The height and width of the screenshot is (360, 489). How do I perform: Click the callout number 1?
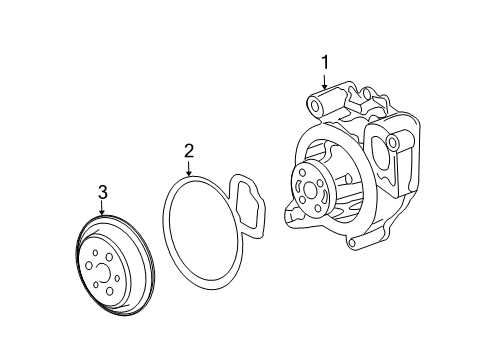[325, 63]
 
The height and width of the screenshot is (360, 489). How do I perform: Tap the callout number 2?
[189, 151]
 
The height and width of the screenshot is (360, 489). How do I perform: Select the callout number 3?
[103, 192]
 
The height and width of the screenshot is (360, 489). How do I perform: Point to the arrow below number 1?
[325, 81]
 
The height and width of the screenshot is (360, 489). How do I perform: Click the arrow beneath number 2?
[189, 168]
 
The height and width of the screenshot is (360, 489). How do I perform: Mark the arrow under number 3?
[102, 208]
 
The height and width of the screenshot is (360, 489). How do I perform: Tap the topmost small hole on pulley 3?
[95, 253]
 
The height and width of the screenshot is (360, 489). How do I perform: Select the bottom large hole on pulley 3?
[109, 291]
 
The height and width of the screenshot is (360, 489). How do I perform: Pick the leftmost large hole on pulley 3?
[89, 265]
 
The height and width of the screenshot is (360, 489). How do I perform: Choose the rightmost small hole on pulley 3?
[117, 278]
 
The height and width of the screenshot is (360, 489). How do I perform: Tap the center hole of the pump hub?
[310, 191]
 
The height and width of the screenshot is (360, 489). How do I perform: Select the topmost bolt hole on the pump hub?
[302, 173]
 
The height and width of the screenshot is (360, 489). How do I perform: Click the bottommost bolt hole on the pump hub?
[318, 209]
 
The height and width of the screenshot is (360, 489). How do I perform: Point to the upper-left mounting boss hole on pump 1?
[315, 106]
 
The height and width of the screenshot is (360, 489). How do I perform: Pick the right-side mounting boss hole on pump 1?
[393, 143]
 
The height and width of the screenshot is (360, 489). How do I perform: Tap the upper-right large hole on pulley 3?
[109, 257]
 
